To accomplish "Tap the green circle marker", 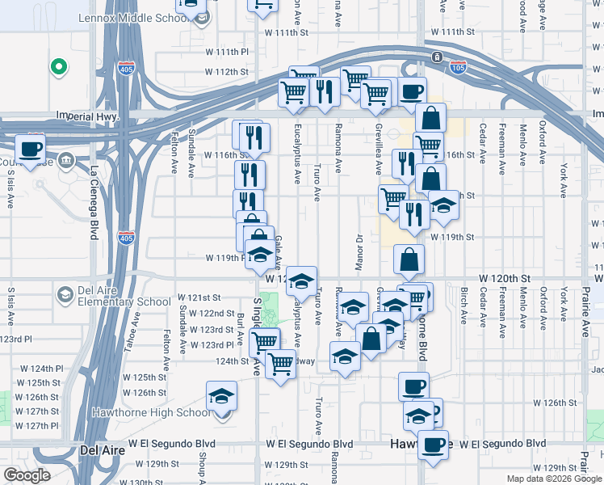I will click(58, 67).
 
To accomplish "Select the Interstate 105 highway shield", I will click(458, 69).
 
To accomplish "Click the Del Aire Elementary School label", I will click(113, 296).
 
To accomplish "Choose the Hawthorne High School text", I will click(169, 412).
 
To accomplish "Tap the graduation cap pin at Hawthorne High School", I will click(221, 398).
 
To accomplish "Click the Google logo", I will click(27, 475).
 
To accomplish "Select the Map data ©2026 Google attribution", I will click(553, 479).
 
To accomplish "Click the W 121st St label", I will click(199, 297).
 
